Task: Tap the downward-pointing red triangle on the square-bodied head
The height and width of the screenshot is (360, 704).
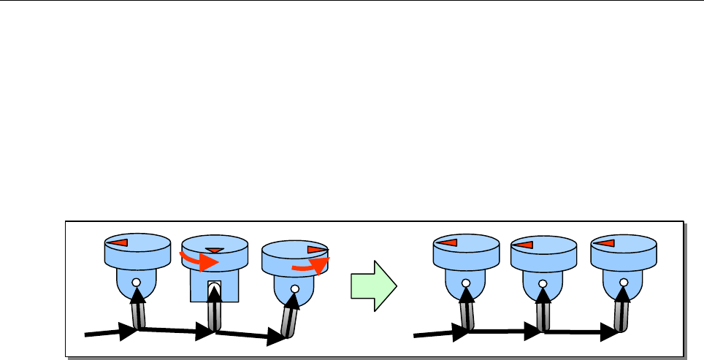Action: coord(214,250)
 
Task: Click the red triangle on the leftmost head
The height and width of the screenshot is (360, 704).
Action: coord(120,242)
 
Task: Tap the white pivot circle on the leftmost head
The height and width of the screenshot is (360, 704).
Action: coord(137,281)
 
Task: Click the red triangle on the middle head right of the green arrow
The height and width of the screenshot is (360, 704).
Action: coord(525,242)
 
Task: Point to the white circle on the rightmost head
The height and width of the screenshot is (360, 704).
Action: coord(622,281)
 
